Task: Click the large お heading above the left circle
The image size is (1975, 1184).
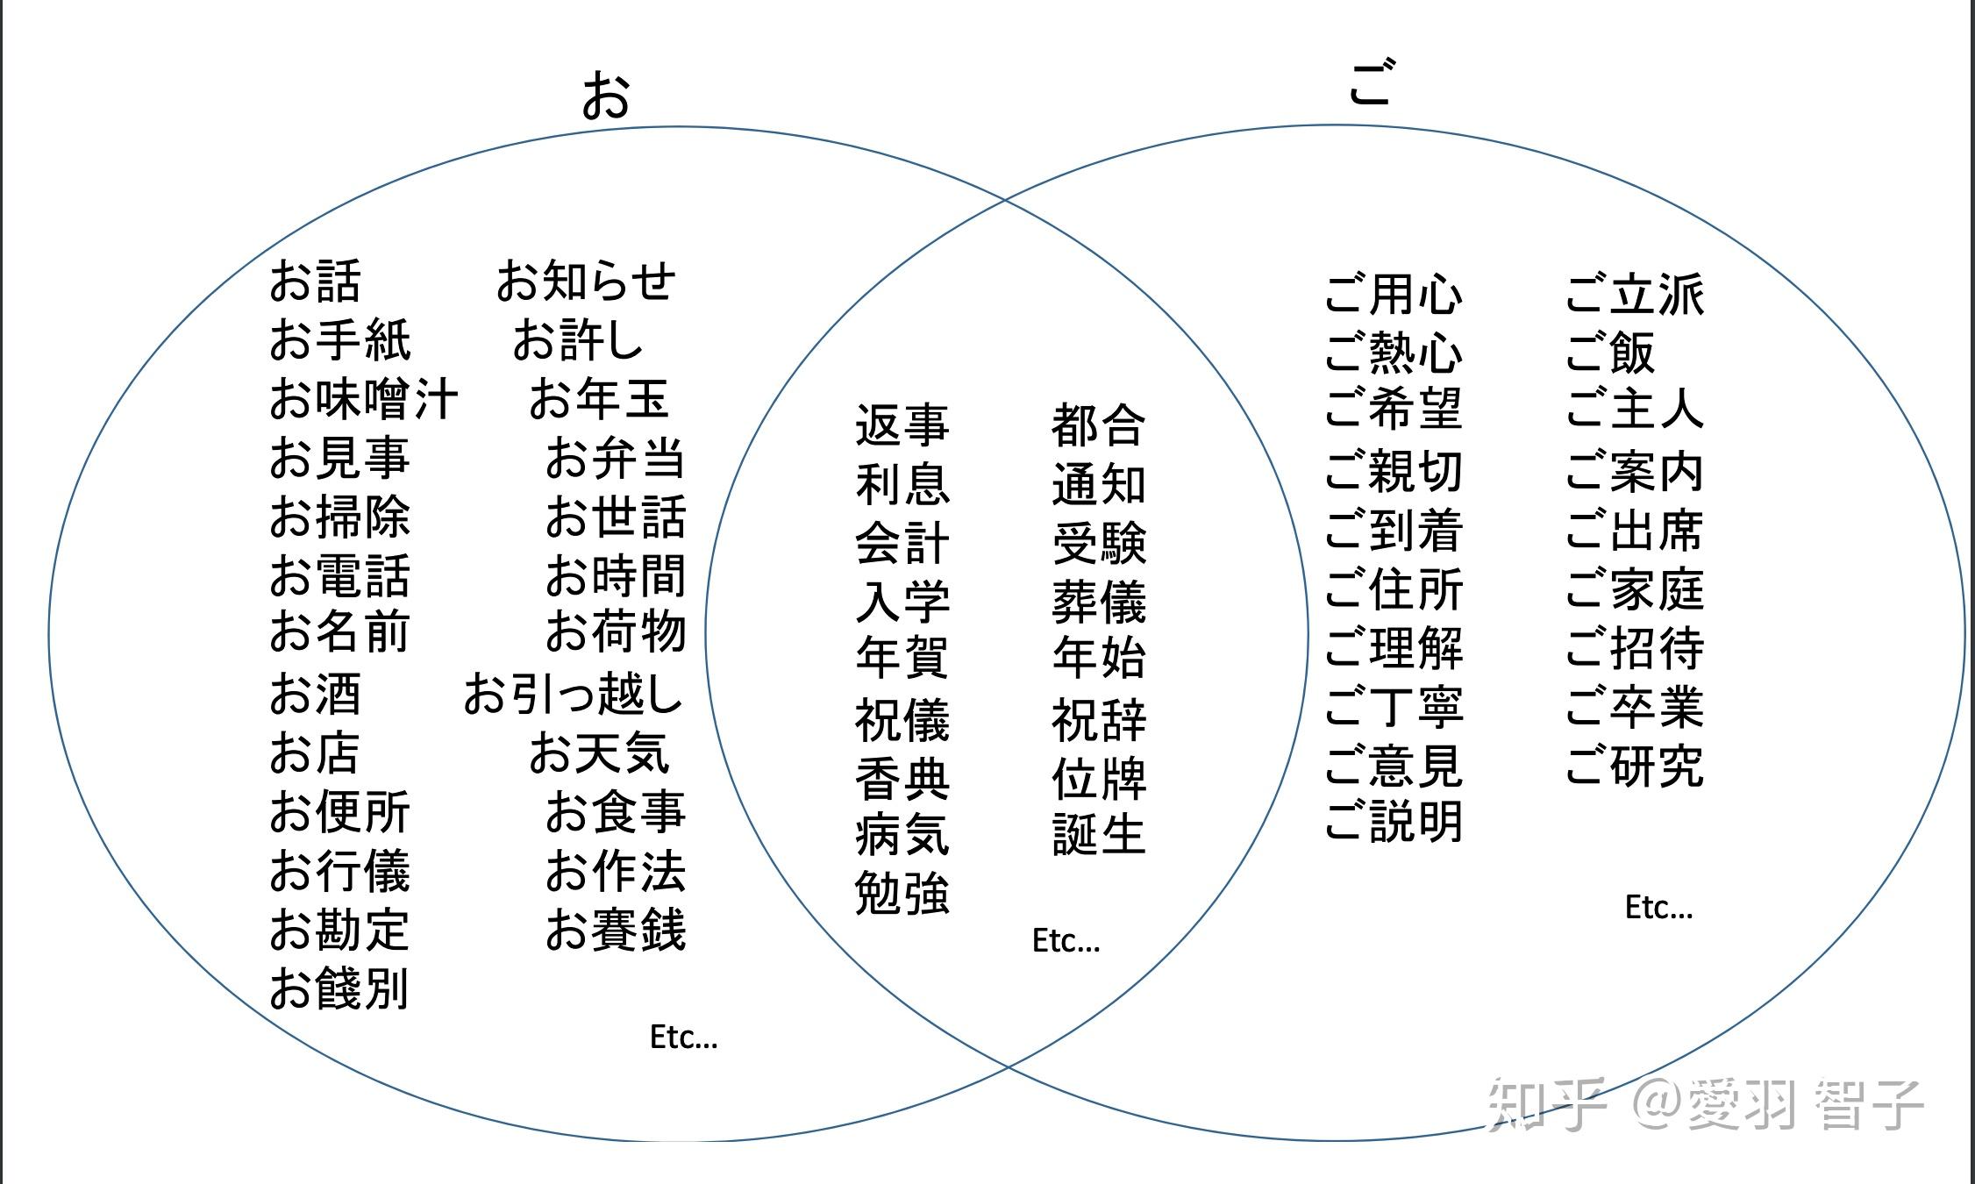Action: (605, 95)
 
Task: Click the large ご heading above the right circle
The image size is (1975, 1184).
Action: (1371, 83)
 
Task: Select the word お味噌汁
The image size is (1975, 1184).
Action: (363, 399)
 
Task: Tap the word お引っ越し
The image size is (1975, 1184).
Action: (573, 694)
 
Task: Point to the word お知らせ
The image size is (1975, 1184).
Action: (586, 281)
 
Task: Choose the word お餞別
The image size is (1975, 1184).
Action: (339, 988)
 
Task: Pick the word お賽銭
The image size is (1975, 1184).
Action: (615, 930)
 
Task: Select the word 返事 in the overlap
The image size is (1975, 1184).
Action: (902, 424)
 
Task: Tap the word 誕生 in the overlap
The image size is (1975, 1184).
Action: (1099, 834)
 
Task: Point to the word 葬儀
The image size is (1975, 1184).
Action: (1099, 602)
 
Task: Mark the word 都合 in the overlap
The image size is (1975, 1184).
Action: (1099, 424)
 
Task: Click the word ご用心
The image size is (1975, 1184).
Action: (1394, 294)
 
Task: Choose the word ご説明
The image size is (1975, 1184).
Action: (1394, 822)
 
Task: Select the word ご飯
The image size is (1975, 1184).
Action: (1610, 353)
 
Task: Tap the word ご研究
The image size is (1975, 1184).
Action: (1635, 765)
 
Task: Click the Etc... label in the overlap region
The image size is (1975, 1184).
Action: (1066, 940)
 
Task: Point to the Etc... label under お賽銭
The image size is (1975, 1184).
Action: (683, 1037)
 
